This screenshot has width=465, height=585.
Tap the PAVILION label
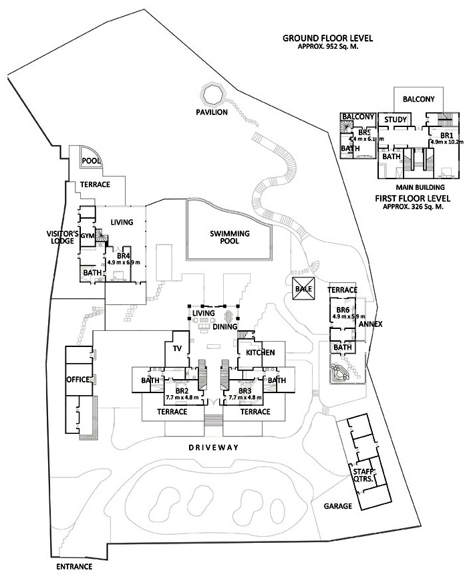tap(212, 112)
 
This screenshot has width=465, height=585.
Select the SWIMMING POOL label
tap(230, 238)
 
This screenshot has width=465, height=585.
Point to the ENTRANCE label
tap(73, 567)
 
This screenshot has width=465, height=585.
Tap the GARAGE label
tap(339, 506)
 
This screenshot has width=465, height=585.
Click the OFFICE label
tap(77, 380)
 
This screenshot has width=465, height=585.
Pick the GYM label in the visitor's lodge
tap(88, 236)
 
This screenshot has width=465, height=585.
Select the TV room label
tap(177, 349)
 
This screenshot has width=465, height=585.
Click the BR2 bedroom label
tap(181, 390)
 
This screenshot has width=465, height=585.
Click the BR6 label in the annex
tap(343, 310)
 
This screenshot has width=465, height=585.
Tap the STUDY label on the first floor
tap(396, 120)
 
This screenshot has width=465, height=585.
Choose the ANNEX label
tap(370, 324)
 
